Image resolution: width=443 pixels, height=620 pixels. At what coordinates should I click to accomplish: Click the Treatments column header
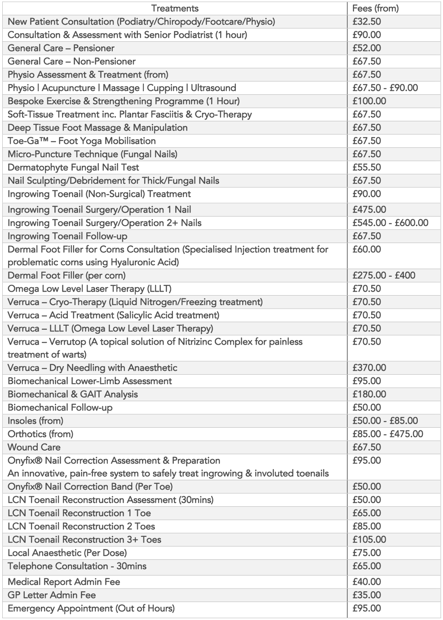(x=175, y=8)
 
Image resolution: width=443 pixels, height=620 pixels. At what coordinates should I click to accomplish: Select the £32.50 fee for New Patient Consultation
(x=366, y=22)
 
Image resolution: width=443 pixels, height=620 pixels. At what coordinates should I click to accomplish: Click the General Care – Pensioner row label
(x=61, y=48)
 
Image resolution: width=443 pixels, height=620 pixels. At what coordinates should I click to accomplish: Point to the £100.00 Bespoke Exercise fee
(x=369, y=101)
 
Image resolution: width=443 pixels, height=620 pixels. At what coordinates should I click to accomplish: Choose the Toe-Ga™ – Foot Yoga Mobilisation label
(x=82, y=141)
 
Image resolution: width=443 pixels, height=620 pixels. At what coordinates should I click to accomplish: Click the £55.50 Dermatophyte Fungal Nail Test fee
(x=366, y=167)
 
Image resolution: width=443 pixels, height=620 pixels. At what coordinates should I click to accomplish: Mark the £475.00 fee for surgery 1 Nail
(x=369, y=209)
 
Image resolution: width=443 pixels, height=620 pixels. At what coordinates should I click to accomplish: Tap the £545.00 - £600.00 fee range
(x=390, y=223)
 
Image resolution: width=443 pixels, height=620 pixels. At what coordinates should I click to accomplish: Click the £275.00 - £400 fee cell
(x=384, y=275)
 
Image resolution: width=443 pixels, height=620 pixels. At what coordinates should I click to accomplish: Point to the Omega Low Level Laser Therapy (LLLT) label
(x=89, y=288)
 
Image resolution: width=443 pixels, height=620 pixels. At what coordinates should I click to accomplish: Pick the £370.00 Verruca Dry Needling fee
(x=369, y=368)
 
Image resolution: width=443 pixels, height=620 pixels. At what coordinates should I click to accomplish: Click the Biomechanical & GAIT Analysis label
(x=73, y=394)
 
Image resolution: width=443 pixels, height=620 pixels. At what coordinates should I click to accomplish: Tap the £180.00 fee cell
(x=369, y=394)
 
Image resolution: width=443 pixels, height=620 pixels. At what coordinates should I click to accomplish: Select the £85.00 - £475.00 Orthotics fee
(x=387, y=434)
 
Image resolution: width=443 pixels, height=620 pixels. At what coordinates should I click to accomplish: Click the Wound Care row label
(x=34, y=447)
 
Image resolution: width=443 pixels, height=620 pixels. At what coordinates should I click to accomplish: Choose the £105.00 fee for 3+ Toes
(x=369, y=540)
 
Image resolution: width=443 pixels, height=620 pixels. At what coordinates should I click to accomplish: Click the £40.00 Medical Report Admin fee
(x=366, y=582)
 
